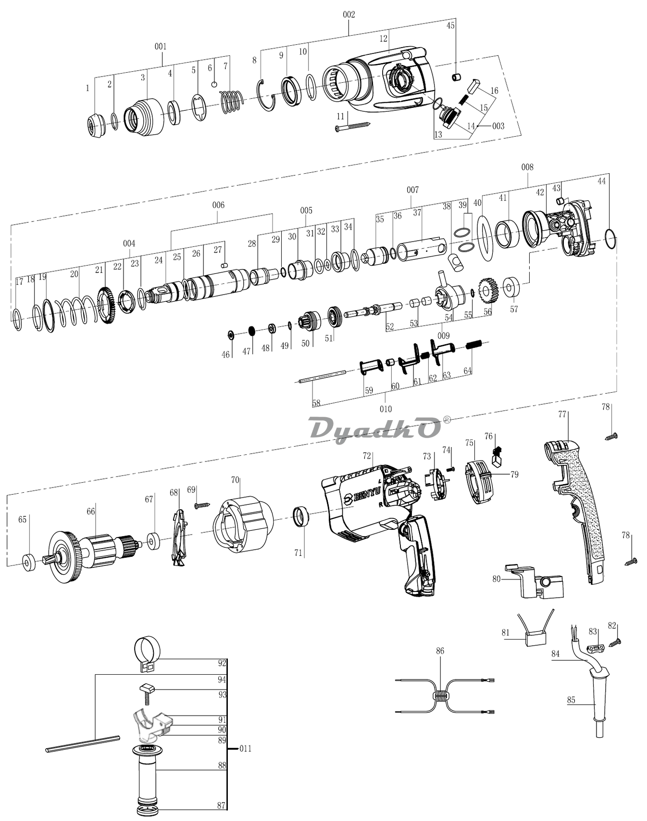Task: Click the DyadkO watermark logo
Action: (374, 428)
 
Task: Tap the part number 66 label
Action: (91, 511)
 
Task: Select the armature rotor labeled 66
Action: (94, 555)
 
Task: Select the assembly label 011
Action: (245, 748)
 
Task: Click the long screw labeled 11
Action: (353, 126)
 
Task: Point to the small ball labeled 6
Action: (214, 85)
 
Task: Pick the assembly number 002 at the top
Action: (349, 14)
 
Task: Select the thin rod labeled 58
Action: (322, 376)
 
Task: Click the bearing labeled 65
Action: (29, 562)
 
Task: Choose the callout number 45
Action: (450, 26)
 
